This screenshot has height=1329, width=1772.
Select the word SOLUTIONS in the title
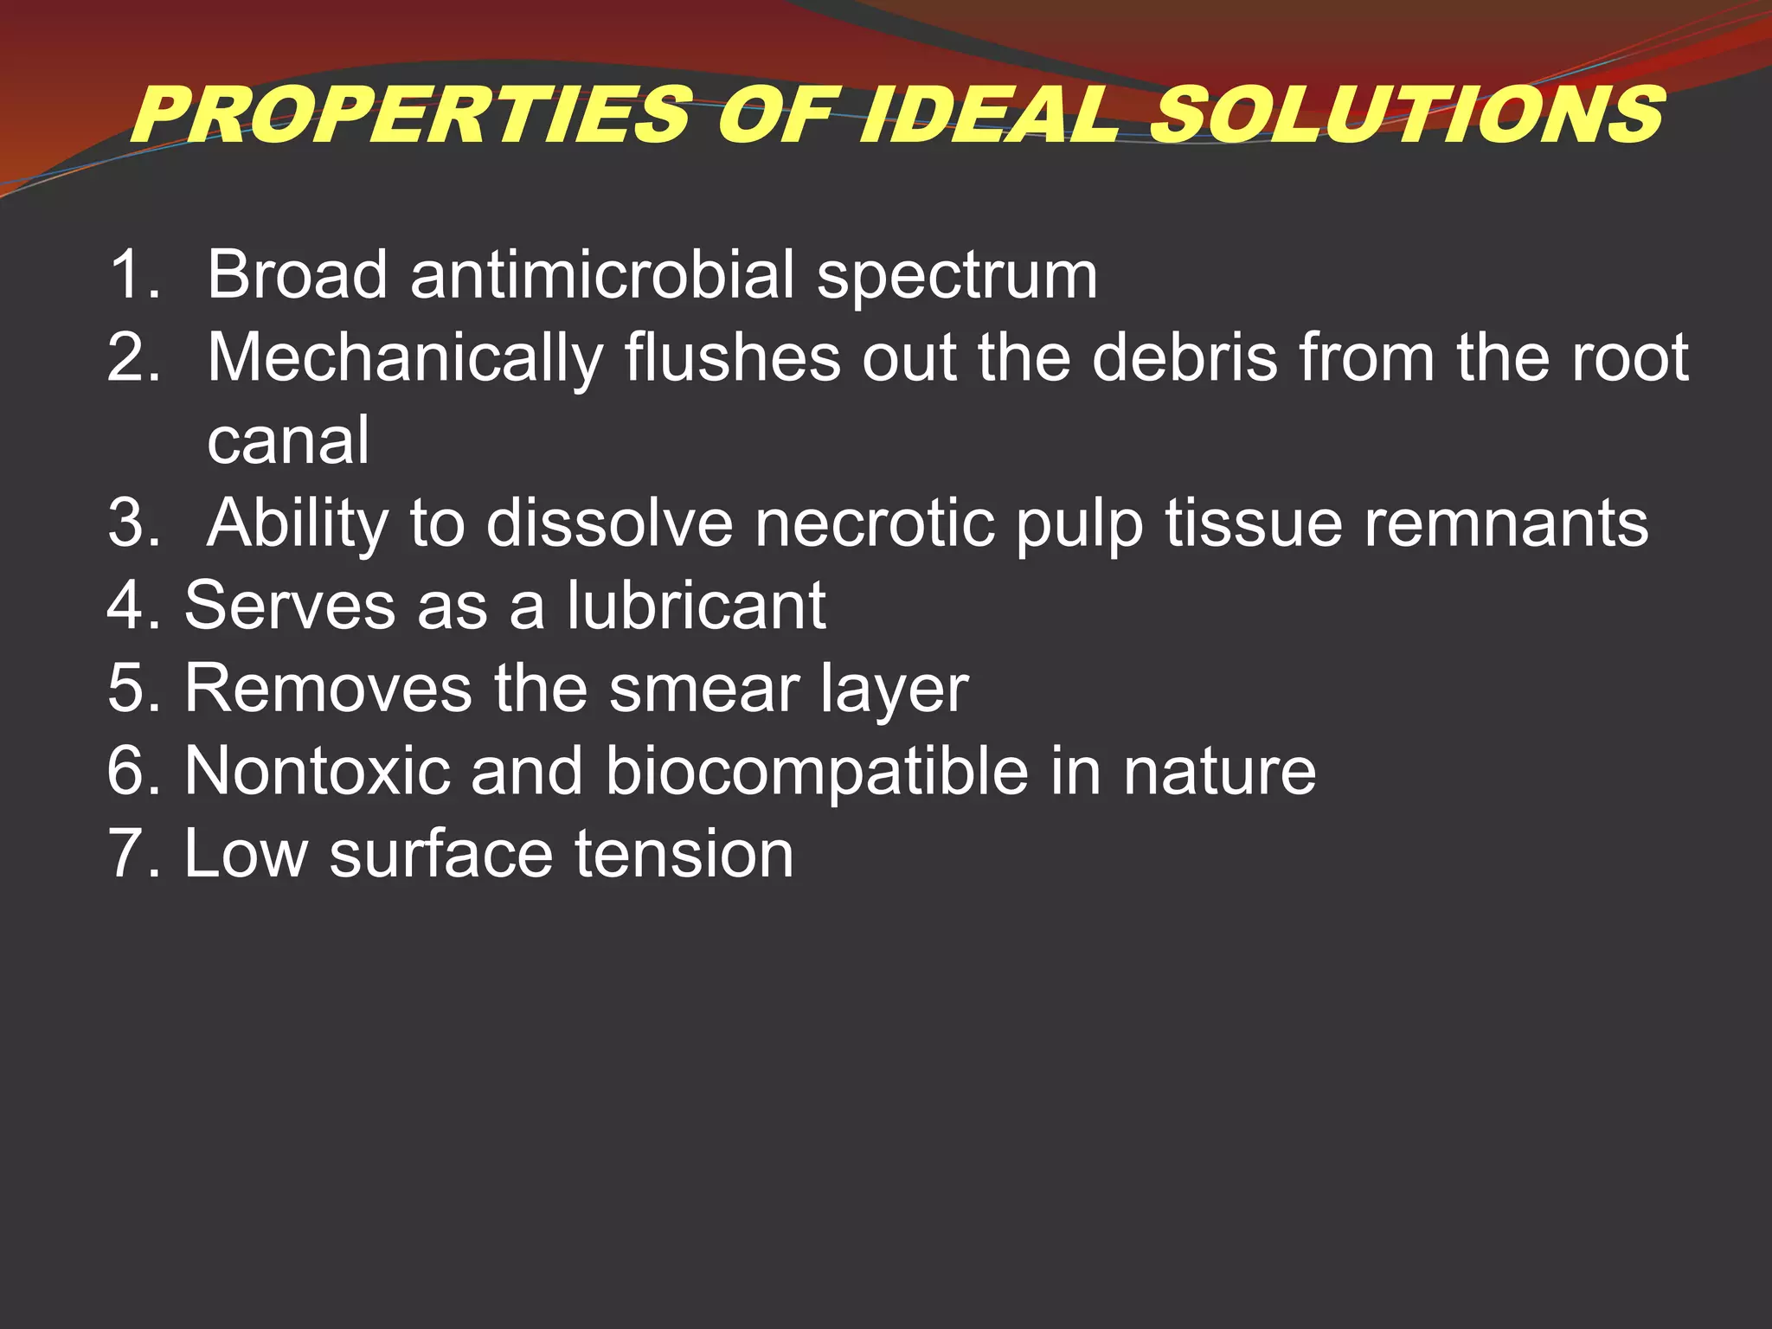coord(1406,115)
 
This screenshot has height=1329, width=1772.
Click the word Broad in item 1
coord(297,275)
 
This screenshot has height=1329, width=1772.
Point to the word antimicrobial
coord(602,275)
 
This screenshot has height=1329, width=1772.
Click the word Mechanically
coord(405,358)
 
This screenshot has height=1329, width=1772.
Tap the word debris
coord(1185,356)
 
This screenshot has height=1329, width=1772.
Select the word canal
coord(288,440)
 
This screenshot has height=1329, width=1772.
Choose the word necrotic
coord(874,523)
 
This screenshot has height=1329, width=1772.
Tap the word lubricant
coord(697,605)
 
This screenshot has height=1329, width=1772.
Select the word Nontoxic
coord(318,770)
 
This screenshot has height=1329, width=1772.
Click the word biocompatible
coord(817,772)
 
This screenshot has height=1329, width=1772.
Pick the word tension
coord(684,854)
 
